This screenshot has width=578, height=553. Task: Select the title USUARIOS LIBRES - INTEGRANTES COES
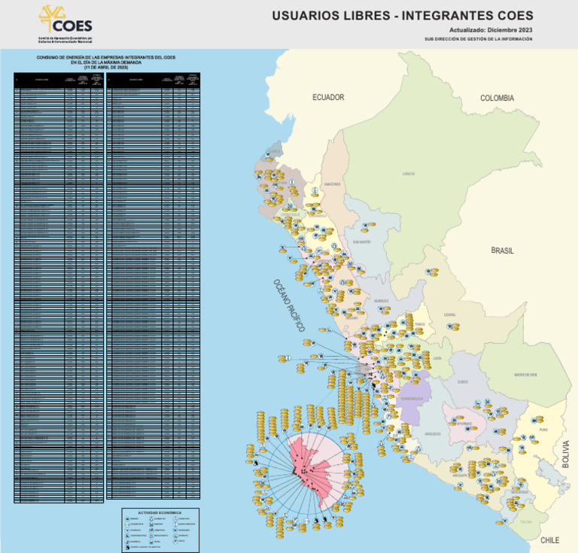coord(402,15)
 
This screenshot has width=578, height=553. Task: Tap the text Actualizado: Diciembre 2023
coord(491,29)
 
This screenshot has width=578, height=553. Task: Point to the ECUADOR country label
coord(328,98)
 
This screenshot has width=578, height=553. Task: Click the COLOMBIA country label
coord(497,98)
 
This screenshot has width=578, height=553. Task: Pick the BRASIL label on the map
coord(503,251)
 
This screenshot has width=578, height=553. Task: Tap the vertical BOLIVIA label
coord(566,454)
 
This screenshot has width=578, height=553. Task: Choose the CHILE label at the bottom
coord(550,540)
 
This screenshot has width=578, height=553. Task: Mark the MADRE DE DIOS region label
coord(525,374)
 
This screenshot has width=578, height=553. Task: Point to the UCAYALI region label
coord(449,314)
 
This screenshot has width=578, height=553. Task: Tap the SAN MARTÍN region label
coord(362,242)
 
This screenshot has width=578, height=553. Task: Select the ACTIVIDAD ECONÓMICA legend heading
coord(160,512)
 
